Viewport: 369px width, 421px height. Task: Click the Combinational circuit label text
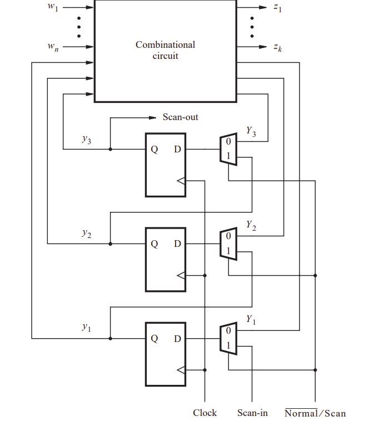pos(165,50)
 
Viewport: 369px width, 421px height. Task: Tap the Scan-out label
pos(180,117)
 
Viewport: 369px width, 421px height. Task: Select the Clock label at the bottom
pos(205,413)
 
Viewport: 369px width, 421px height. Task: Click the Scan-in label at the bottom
pos(252,413)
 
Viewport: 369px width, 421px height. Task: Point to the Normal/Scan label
pos(315,413)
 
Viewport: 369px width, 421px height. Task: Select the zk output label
pos(278,48)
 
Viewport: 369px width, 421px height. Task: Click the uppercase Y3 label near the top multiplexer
pos(251,132)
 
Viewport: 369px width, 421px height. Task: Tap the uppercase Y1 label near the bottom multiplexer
pos(251,320)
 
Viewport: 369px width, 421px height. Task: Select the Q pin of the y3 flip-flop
pos(154,150)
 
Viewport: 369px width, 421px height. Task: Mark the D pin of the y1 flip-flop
pos(177,338)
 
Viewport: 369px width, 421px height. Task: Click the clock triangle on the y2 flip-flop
pos(181,275)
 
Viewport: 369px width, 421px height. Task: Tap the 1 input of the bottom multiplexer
pos(228,345)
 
